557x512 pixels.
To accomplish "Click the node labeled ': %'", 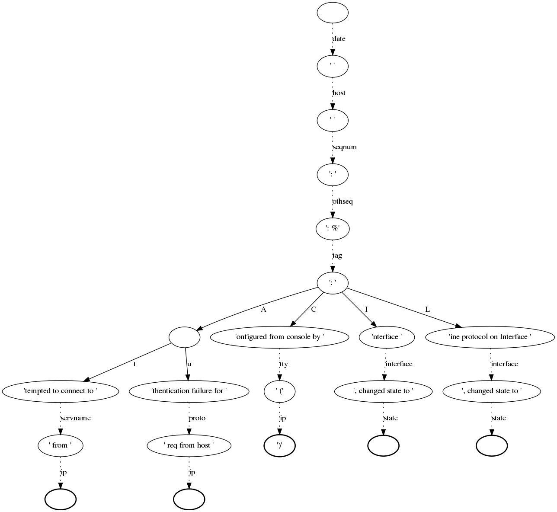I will (x=332, y=229).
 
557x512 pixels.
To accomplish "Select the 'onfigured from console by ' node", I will (x=279, y=337).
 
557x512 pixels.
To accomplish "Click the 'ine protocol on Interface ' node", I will (x=490, y=337).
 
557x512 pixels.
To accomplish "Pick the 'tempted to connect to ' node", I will (x=60, y=391).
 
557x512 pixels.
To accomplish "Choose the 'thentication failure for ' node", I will (x=189, y=391).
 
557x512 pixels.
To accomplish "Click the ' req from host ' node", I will (x=189, y=445).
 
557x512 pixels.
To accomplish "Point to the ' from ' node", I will (x=60, y=445).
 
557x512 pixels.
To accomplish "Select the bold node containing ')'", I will (x=279, y=445).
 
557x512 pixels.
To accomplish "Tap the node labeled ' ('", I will (x=279, y=391).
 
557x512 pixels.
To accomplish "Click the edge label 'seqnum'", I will (x=344, y=147).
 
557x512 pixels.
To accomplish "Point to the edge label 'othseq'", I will (x=343, y=202).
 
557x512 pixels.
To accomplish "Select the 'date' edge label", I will (x=339, y=39).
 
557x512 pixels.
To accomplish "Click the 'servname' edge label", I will (x=75, y=418).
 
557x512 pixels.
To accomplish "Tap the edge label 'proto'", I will (x=197, y=418).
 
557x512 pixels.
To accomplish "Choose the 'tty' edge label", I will (x=283, y=364).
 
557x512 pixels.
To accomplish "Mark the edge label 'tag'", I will (x=337, y=256).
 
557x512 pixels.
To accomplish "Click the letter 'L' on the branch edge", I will (x=427, y=310).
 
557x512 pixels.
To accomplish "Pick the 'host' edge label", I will (x=339, y=93).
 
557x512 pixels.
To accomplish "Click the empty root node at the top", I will (x=332, y=12).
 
